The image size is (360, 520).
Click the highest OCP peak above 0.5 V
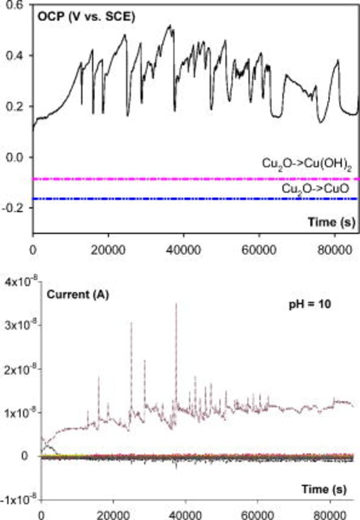170,26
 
